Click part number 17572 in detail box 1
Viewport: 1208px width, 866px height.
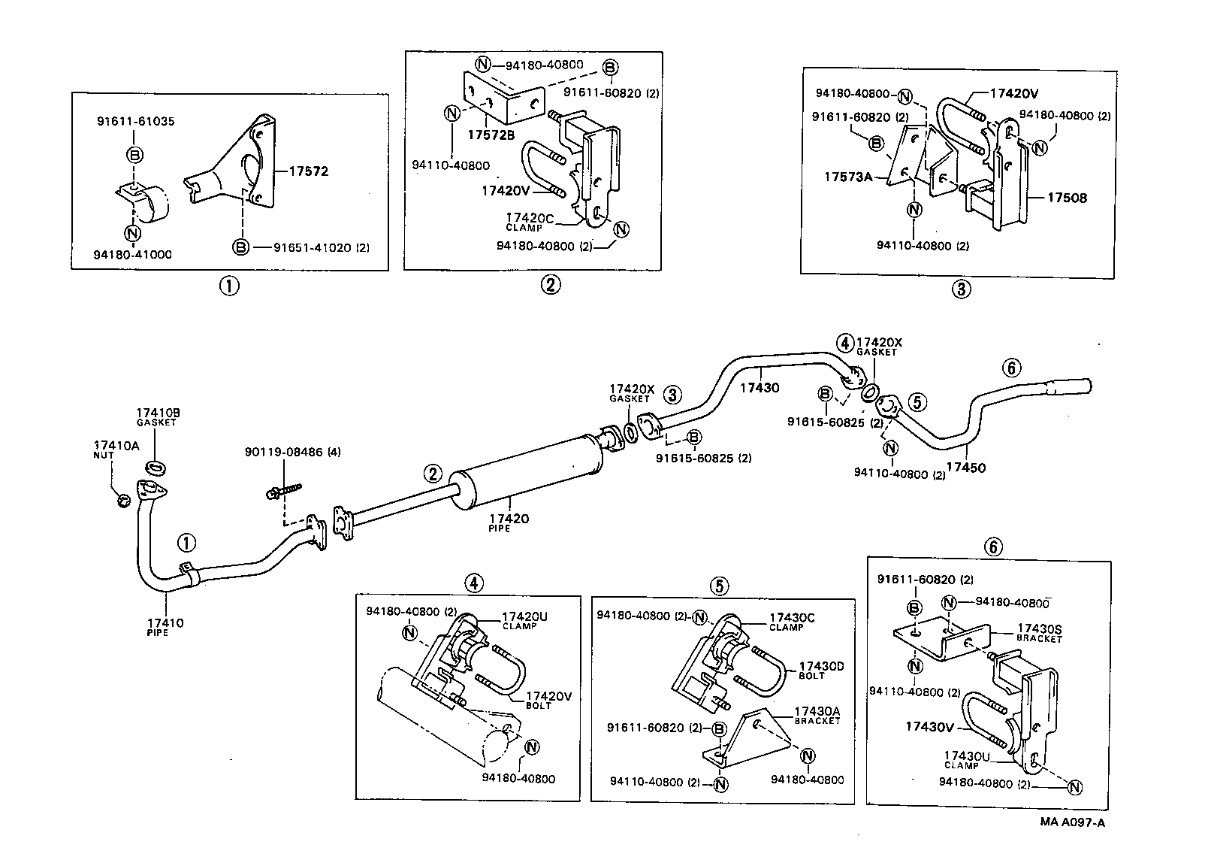(309, 171)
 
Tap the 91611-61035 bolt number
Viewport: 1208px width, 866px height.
(136, 121)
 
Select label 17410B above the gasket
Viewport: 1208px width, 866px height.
(158, 413)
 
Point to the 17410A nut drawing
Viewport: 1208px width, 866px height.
(124, 500)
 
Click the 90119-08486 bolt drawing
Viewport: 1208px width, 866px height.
(284, 490)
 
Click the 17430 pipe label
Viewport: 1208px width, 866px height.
(760, 387)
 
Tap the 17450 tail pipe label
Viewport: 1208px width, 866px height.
(966, 468)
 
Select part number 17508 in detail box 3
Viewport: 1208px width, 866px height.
(1068, 198)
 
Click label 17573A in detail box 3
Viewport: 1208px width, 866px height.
(848, 177)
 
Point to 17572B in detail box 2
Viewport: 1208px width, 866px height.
(491, 135)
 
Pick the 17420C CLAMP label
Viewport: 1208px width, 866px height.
(530, 222)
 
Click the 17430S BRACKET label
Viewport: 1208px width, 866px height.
(1039, 633)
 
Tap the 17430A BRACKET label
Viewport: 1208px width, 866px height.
(817, 716)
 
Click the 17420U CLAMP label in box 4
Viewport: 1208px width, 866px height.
(524, 621)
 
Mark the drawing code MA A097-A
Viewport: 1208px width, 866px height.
(1073, 822)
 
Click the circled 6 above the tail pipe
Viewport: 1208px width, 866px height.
(1012, 368)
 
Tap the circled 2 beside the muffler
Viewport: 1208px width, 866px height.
(433, 474)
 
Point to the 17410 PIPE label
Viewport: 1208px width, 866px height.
(165, 627)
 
